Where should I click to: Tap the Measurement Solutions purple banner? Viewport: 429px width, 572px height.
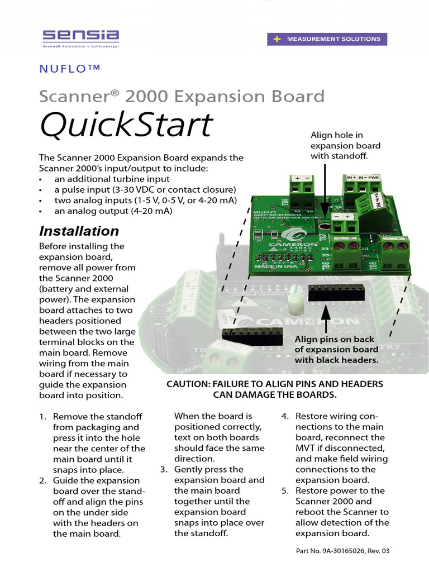(327, 39)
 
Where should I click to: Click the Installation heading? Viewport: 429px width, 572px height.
(78, 231)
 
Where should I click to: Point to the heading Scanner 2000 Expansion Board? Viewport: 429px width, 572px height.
(182, 96)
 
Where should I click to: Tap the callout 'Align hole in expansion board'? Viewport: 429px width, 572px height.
(345, 145)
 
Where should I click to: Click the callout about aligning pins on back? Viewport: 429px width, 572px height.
(337, 350)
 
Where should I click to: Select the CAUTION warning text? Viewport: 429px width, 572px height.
(275, 389)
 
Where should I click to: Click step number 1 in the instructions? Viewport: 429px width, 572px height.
(42, 417)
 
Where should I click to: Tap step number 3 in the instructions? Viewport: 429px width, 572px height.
(163, 470)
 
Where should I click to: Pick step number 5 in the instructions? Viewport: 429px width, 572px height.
(284, 491)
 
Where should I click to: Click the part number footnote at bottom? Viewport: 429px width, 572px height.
(342, 551)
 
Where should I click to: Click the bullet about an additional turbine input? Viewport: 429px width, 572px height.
(112, 179)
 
